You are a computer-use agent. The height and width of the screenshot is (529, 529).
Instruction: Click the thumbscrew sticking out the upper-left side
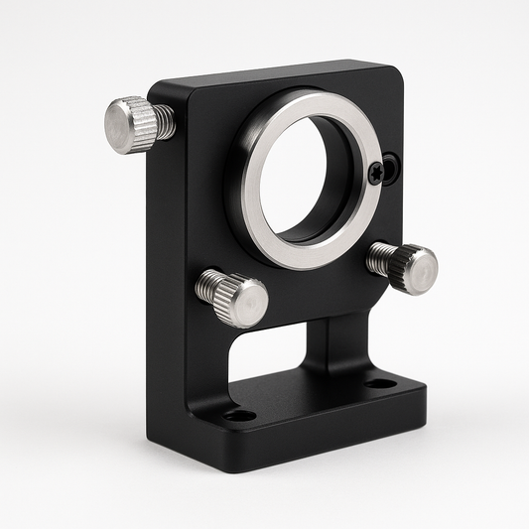pos(135,124)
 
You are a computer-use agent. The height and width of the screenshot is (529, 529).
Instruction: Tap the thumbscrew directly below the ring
pos(233,297)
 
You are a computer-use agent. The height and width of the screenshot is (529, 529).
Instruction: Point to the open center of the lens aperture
pos(304,175)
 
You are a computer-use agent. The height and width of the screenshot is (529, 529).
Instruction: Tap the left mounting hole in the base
pos(238,414)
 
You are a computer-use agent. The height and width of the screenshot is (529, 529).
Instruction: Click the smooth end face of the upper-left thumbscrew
pos(122,126)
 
